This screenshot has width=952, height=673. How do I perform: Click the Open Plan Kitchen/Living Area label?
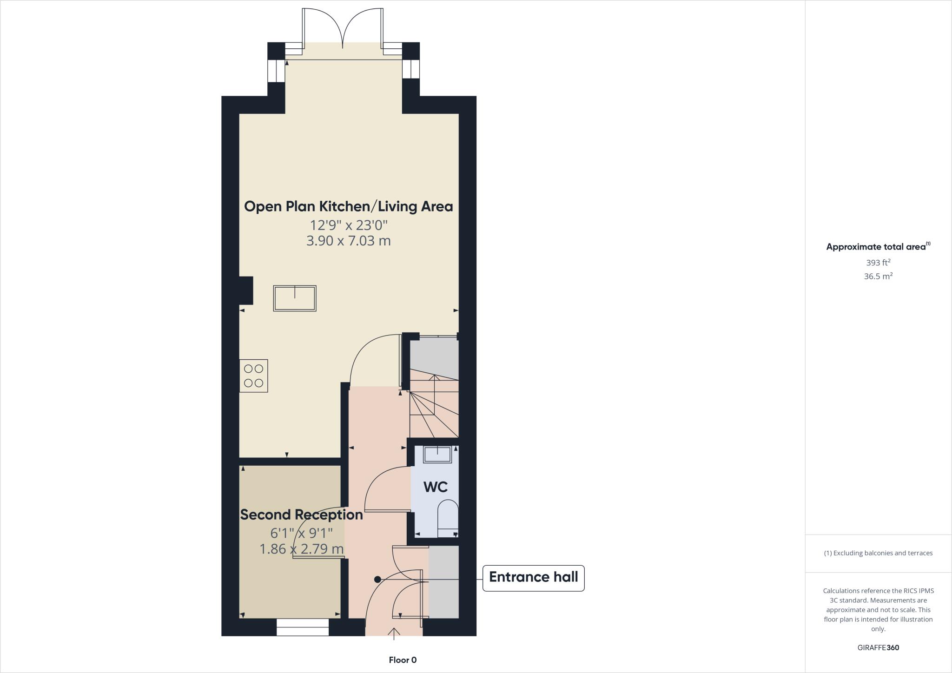(348, 206)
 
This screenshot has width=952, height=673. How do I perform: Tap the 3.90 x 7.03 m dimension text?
(348, 241)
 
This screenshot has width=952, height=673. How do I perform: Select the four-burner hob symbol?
(254, 376)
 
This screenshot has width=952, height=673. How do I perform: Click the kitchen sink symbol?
(295, 298)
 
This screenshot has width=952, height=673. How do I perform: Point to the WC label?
(436, 487)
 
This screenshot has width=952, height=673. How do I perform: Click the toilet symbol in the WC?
(448, 516)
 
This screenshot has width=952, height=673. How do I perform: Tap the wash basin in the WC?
(437, 454)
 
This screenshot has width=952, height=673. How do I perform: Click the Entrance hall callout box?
(533, 578)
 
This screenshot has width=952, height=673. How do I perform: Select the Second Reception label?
(301, 515)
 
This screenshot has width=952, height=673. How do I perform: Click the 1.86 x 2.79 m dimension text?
(301, 549)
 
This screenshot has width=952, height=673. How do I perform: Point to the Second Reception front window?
(303, 627)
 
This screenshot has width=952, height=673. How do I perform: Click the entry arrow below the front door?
(394, 633)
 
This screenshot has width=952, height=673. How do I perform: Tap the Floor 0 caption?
(403, 660)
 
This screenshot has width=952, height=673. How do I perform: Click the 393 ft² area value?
(878, 262)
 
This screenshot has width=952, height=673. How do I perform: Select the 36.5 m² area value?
(878, 276)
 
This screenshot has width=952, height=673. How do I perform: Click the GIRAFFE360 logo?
(878, 647)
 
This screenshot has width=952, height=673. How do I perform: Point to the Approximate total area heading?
(878, 247)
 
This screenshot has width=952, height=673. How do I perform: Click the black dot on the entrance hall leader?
(377, 579)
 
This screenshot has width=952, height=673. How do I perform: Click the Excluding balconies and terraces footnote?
(878, 553)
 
